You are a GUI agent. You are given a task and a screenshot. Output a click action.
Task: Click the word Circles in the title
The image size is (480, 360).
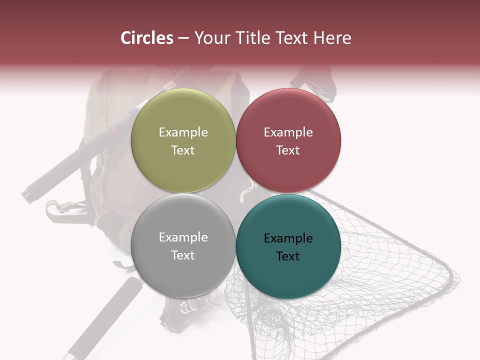point(146,38)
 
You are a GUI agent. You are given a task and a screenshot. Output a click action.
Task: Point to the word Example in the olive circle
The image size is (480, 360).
point(183,132)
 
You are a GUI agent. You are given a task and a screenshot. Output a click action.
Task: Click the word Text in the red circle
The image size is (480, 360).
point(288,150)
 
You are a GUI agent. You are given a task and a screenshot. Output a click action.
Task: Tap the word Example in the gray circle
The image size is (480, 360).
point(183,237)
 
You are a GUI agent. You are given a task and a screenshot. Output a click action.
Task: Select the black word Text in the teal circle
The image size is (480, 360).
point(288,256)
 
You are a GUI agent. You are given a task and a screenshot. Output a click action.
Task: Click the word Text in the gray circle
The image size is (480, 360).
point(183,255)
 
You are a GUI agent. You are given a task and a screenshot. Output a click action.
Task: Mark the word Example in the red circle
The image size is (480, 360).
point(288,132)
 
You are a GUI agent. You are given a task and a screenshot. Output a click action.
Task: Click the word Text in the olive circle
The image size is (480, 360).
point(183,150)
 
